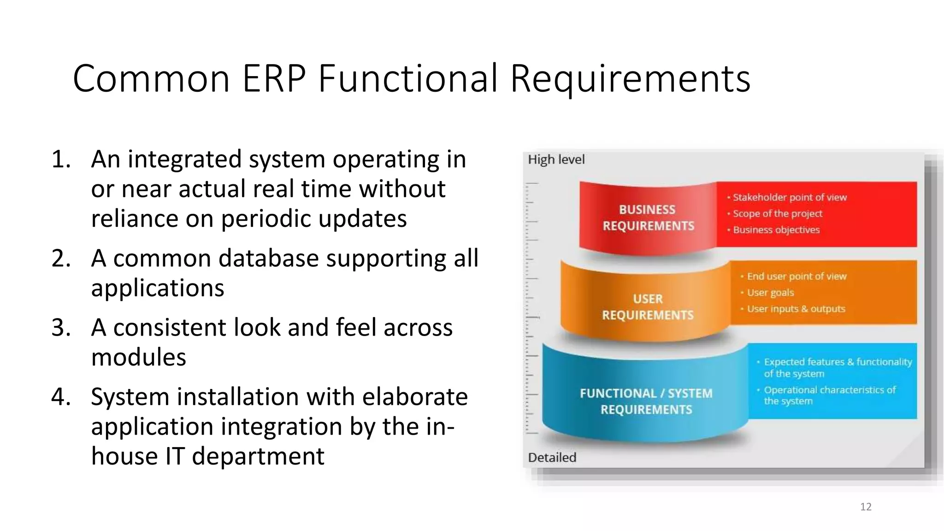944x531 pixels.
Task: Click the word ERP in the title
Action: pos(274,79)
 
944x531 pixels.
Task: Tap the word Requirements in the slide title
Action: pos(630,79)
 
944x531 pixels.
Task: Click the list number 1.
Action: pos(61,159)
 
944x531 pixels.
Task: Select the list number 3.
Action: pos(61,328)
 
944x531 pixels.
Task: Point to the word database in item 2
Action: pos(269,258)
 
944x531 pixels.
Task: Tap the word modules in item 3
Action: pos(139,357)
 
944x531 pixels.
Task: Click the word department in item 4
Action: pos(258,456)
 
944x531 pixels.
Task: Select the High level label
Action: pos(556,159)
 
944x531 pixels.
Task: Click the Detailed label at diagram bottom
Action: pos(552,457)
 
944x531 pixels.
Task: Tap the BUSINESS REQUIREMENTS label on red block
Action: pos(648,218)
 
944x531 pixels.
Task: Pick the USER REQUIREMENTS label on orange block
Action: pos(648,307)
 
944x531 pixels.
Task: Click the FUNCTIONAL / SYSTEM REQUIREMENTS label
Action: pos(646,401)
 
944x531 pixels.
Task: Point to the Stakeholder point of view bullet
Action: pos(789,197)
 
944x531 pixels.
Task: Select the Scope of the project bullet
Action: pos(777,213)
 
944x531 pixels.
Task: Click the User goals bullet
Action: pos(770,293)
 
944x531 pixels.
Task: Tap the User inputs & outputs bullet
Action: pos(796,309)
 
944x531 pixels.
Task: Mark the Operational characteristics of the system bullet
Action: pos(829,395)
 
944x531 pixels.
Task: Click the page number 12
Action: pos(866,507)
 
